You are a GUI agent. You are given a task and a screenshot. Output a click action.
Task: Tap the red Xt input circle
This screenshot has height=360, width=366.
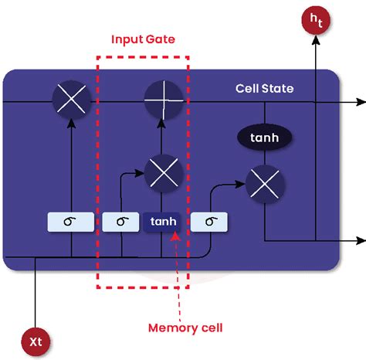click(x=36, y=339)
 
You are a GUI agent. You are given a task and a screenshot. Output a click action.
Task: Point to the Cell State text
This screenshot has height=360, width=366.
click(x=264, y=88)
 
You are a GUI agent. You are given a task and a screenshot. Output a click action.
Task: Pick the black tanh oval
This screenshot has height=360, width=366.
click(x=264, y=138)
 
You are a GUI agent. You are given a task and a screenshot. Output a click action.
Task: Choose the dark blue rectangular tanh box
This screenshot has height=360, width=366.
click(x=162, y=222)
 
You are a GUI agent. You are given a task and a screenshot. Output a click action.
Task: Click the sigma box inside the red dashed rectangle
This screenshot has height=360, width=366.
click(x=122, y=222)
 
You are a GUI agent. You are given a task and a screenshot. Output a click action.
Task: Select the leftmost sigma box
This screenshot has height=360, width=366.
click(x=70, y=222)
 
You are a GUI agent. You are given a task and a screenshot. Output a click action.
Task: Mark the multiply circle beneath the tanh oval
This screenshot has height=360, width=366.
click(x=264, y=184)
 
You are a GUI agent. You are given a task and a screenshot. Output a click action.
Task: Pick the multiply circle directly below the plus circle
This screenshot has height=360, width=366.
click(x=162, y=171)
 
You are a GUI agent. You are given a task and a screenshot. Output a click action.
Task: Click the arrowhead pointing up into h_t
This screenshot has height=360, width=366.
click(x=316, y=44)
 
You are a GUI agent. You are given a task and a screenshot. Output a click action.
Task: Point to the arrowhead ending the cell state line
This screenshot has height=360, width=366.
click(x=361, y=101)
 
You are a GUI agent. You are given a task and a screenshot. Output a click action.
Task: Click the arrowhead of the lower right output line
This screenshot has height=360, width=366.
click(x=361, y=240)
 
